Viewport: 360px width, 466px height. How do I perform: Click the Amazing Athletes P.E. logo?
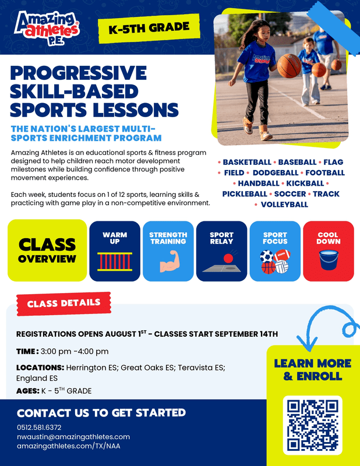click(x=47, y=29)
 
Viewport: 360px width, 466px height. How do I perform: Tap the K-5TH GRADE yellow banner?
click(x=149, y=28)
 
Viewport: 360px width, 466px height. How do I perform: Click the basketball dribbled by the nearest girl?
click(x=289, y=66)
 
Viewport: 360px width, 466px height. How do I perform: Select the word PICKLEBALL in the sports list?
click(x=245, y=194)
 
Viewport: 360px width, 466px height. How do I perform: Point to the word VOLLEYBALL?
click(x=284, y=204)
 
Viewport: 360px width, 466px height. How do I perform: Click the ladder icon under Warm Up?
click(x=115, y=262)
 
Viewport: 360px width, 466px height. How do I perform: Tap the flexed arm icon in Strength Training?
click(x=169, y=261)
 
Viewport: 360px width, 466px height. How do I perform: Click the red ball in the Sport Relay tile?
click(x=228, y=258)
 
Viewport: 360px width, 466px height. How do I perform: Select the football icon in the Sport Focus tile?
click(x=281, y=255)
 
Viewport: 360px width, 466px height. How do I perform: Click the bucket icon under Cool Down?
click(x=329, y=260)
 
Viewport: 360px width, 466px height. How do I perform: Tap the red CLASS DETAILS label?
click(x=64, y=303)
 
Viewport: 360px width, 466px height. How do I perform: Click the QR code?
click(x=312, y=425)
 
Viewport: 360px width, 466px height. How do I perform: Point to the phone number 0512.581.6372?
click(x=39, y=428)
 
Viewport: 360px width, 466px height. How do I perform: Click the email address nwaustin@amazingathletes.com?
click(x=73, y=437)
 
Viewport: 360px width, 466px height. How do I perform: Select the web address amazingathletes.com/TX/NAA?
click(x=69, y=446)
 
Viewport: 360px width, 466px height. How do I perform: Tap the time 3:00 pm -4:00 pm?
click(x=75, y=351)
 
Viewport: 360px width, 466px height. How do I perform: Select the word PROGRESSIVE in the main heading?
click(x=79, y=73)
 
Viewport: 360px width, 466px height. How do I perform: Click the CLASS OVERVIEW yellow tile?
click(x=47, y=250)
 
